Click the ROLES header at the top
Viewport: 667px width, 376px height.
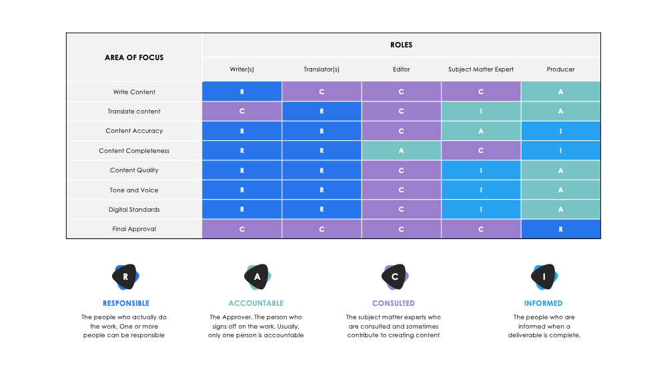click(x=401, y=45)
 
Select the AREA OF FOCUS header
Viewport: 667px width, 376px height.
click(x=134, y=57)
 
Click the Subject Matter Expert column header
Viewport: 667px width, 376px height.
click(x=481, y=69)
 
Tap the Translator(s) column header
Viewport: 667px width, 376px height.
click(x=321, y=69)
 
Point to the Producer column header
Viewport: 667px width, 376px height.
click(x=560, y=69)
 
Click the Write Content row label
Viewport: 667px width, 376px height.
click(x=134, y=91)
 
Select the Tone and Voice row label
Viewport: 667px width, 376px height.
click(x=134, y=190)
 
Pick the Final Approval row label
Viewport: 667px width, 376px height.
click(x=134, y=229)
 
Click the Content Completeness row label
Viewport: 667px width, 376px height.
click(x=134, y=151)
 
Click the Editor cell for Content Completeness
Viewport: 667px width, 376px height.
click(x=401, y=151)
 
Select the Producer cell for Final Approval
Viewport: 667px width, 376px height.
click(x=560, y=229)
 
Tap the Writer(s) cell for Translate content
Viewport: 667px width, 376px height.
click(x=242, y=112)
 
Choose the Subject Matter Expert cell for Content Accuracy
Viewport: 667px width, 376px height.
click(x=481, y=131)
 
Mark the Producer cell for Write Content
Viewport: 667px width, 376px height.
click(x=560, y=91)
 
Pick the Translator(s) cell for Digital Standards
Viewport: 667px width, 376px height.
click(x=321, y=210)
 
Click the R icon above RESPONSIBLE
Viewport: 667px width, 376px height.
click(x=125, y=276)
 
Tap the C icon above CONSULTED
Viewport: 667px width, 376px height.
click(x=394, y=276)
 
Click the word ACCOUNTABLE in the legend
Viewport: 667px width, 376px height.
click(x=255, y=303)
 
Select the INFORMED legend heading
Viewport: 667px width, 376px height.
click(x=543, y=303)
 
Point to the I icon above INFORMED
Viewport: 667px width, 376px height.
click(x=543, y=276)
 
